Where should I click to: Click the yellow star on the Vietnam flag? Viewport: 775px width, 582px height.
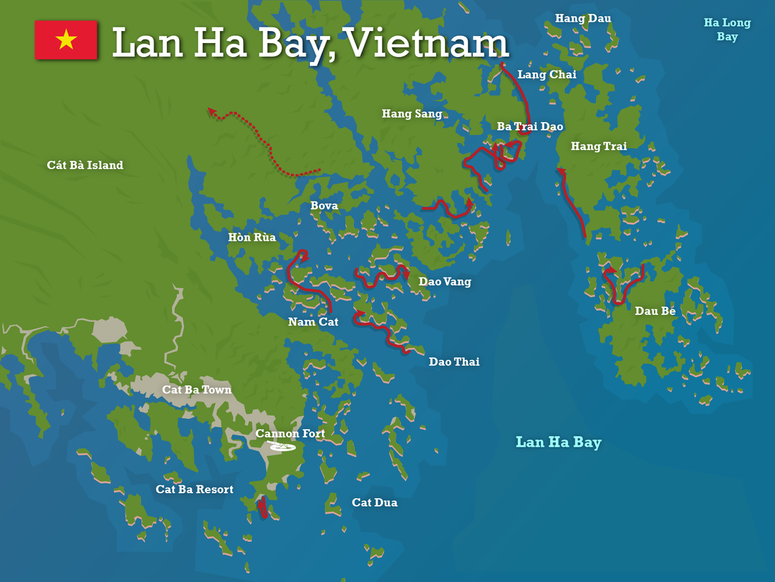click(x=66, y=39)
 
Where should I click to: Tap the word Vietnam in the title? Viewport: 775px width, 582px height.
click(x=428, y=44)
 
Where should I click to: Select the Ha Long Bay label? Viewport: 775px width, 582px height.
click(x=727, y=30)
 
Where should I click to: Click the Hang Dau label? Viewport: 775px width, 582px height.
click(x=583, y=18)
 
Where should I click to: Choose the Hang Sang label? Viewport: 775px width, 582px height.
click(x=412, y=113)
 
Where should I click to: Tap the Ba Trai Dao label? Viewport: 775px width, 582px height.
click(x=530, y=127)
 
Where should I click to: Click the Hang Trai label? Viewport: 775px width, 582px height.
click(x=598, y=147)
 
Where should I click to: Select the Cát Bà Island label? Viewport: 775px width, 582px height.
click(x=85, y=166)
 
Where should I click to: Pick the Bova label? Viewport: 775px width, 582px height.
click(x=324, y=206)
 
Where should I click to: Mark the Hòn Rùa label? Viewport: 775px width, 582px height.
click(x=252, y=238)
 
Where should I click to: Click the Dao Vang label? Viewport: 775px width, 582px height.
click(x=445, y=282)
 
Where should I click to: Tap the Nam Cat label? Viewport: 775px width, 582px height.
click(x=313, y=322)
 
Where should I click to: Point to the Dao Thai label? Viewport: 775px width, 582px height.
click(x=454, y=361)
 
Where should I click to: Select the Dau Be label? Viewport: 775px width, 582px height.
click(x=655, y=311)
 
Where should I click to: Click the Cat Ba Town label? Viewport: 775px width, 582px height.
click(x=197, y=390)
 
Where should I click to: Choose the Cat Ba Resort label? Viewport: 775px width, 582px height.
click(x=194, y=490)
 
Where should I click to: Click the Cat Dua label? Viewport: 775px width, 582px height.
click(x=375, y=502)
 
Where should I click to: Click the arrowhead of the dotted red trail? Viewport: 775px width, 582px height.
click(x=211, y=111)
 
